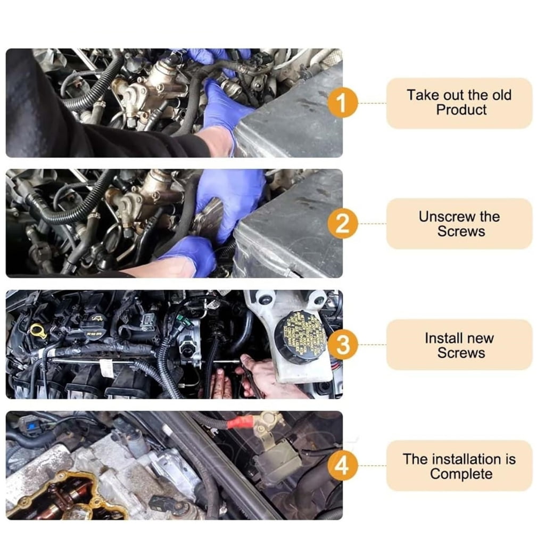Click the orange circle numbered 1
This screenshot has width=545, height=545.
342,103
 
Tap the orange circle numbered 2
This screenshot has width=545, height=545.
342,224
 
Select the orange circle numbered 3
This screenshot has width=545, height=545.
342,344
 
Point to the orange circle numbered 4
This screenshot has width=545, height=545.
342,465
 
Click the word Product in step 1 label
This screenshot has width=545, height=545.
461,110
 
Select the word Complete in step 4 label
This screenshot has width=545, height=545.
461,474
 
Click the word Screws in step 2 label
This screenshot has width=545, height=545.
461,232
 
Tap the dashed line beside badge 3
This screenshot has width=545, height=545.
372,345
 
